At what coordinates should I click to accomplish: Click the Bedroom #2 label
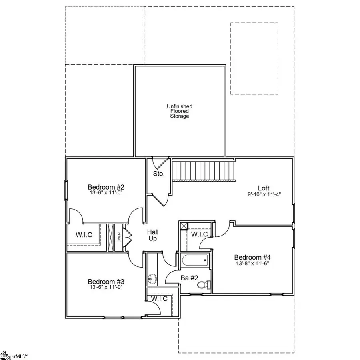pyautogui.click(x=101, y=187)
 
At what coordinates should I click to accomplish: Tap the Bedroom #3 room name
pyautogui.click(x=101, y=281)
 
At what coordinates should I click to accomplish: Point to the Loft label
pyautogui.click(x=264, y=188)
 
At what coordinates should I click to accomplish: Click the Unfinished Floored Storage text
pyautogui.click(x=180, y=111)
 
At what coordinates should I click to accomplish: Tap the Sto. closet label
pyautogui.click(x=158, y=174)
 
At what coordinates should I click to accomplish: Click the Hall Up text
pyautogui.click(x=152, y=235)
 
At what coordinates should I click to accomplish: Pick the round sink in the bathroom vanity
pyautogui.click(x=152, y=277)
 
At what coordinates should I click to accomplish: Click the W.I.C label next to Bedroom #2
pyautogui.click(x=84, y=235)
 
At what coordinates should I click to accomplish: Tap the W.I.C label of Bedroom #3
pyautogui.click(x=159, y=298)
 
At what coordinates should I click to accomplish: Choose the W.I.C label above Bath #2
pyautogui.click(x=199, y=234)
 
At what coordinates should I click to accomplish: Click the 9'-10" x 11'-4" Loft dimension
pyautogui.click(x=264, y=195)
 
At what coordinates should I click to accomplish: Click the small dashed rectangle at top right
pyautogui.click(x=254, y=58)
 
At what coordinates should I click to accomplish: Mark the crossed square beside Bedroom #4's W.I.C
pyautogui.click(x=184, y=226)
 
